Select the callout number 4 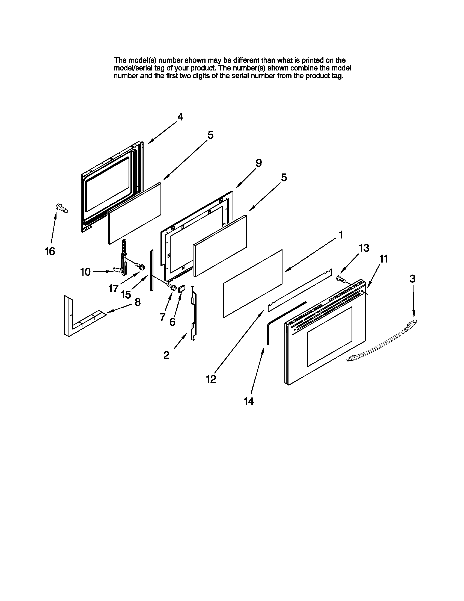click(x=180, y=117)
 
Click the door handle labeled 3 click(x=382, y=341)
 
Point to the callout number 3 click(x=412, y=279)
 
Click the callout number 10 click(x=85, y=272)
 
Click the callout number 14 click(x=248, y=402)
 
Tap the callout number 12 click(x=211, y=379)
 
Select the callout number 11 click(x=383, y=259)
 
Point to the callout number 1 click(x=341, y=235)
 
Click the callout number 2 click(x=166, y=355)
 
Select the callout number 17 click(x=113, y=288)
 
